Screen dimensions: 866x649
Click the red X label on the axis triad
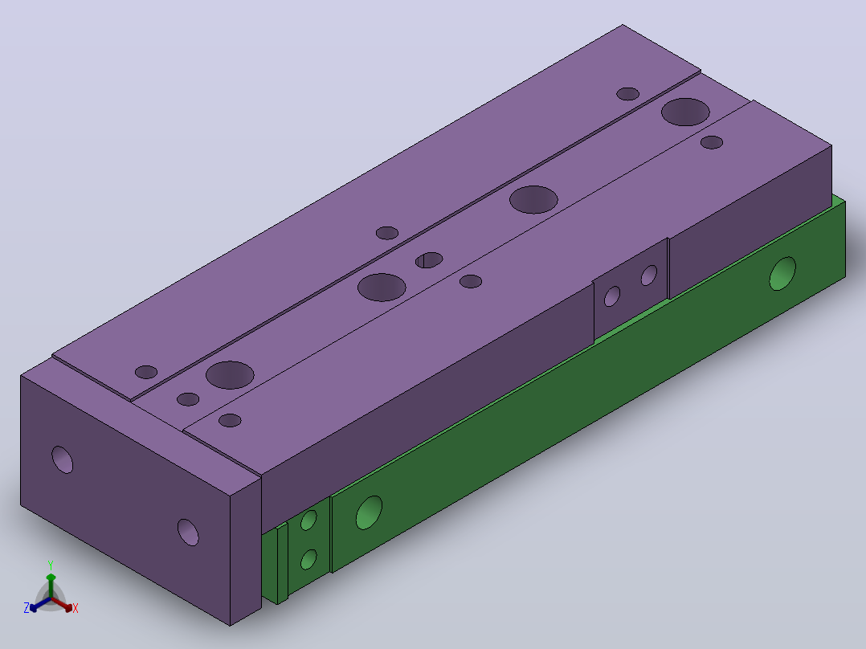[x=76, y=608]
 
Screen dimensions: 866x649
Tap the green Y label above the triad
[x=51, y=565]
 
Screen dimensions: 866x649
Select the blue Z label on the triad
[x=27, y=607]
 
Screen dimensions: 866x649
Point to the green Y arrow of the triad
[x=51, y=586]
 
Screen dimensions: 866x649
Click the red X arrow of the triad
[x=63, y=604]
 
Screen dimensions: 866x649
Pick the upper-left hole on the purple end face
[x=63, y=459]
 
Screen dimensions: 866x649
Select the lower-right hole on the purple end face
[x=188, y=532]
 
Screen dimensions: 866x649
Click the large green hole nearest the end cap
[x=369, y=512]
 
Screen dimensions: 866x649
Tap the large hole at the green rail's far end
[x=782, y=273]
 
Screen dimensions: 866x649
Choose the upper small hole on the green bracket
[x=308, y=520]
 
